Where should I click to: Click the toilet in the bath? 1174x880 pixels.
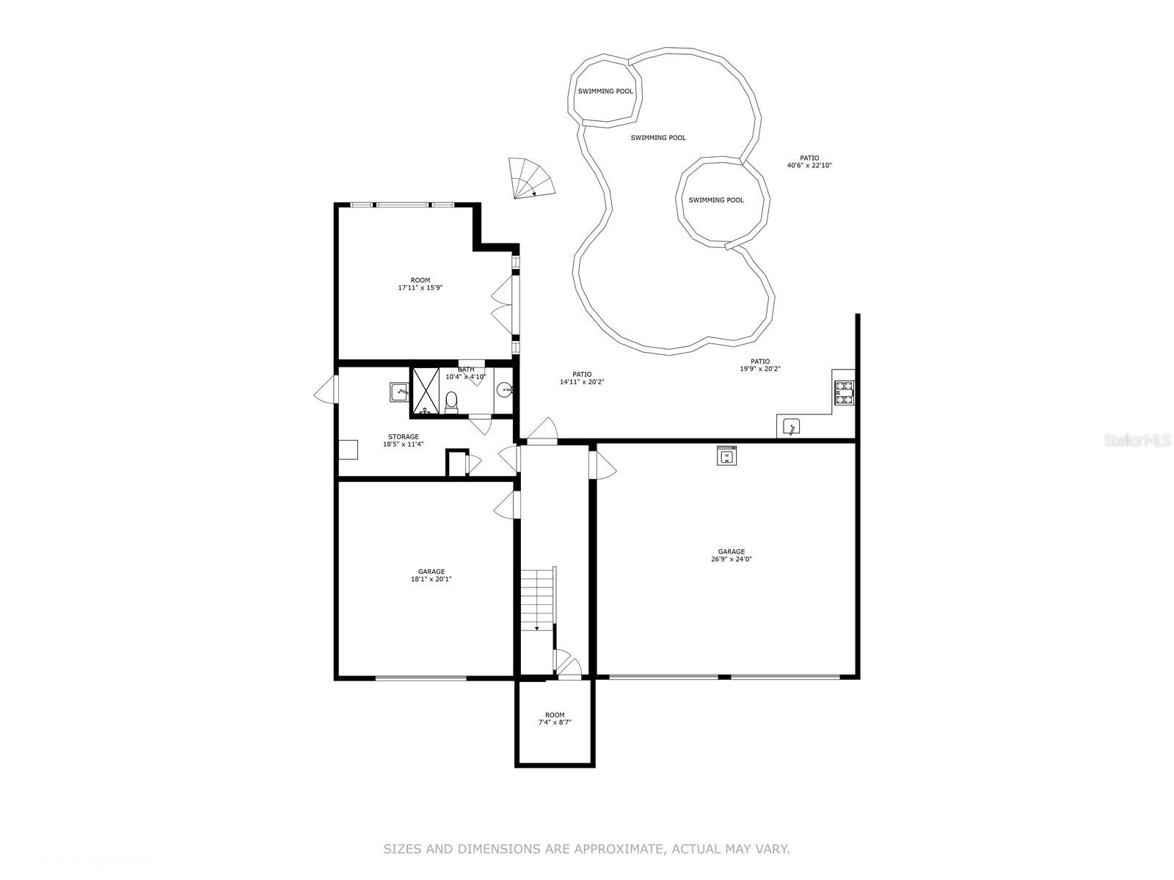coord(451,401)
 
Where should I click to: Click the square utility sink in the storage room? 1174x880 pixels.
coord(399,392)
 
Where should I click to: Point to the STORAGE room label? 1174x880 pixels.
coord(404,437)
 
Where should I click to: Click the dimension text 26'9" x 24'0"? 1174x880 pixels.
coord(731,560)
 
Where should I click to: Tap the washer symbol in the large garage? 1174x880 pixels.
coord(726,455)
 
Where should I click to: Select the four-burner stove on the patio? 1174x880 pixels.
coord(844,392)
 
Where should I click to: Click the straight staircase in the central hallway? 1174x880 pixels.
coord(538,598)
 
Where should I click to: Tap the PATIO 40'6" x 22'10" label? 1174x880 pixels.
coord(809,161)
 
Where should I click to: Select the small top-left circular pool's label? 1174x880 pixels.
coord(605,92)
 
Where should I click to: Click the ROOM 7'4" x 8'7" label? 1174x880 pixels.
coord(555,719)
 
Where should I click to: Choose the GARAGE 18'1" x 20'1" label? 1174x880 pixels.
coord(431,576)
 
